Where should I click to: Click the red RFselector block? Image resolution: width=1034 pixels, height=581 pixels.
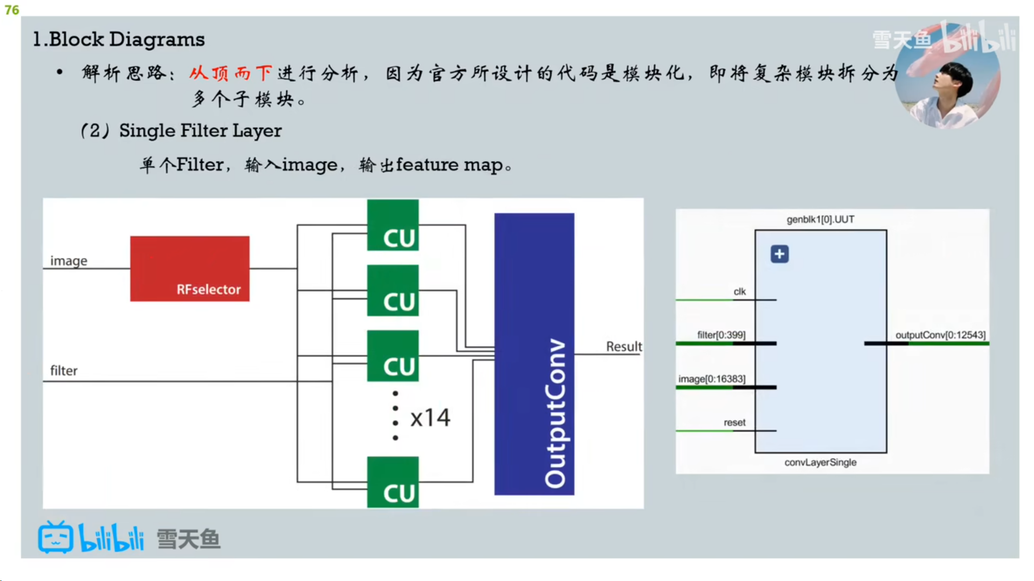[x=190, y=268]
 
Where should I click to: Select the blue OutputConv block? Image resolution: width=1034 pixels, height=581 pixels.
[x=534, y=354]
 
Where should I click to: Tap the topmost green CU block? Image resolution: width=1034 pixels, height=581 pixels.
[x=393, y=225]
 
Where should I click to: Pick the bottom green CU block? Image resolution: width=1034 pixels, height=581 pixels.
[x=393, y=482]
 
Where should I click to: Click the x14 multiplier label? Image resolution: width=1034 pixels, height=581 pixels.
[x=430, y=418]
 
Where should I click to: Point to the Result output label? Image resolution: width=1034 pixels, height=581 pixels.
[x=624, y=346]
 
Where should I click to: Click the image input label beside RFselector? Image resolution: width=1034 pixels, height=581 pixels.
[x=68, y=261]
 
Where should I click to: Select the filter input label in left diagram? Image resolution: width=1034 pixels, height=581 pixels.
[x=64, y=371]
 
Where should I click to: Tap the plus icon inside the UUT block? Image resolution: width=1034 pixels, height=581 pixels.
[x=779, y=254]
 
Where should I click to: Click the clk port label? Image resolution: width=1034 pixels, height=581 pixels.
[x=739, y=292]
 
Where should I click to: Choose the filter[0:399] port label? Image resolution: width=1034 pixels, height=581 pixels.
[x=721, y=335]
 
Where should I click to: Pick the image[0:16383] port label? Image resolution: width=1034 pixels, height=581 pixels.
[x=711, y=379]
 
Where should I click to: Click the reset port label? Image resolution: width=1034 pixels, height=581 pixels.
[x=735, y=423]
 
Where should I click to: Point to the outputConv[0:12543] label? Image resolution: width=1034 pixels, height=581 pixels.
[x=940, y=335]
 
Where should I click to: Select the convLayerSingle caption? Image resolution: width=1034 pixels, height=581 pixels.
[x=820, y=463]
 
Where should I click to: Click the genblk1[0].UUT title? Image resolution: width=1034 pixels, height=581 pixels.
[x=820, y=219]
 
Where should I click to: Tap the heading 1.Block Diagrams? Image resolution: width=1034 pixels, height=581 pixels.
[x=118, y=39]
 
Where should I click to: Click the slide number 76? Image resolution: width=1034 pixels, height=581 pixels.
[x=12, y=10]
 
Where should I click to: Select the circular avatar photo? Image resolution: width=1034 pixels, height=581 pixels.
[x=947, y=75]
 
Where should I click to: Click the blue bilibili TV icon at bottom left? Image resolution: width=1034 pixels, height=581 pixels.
[x=55, y=537]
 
